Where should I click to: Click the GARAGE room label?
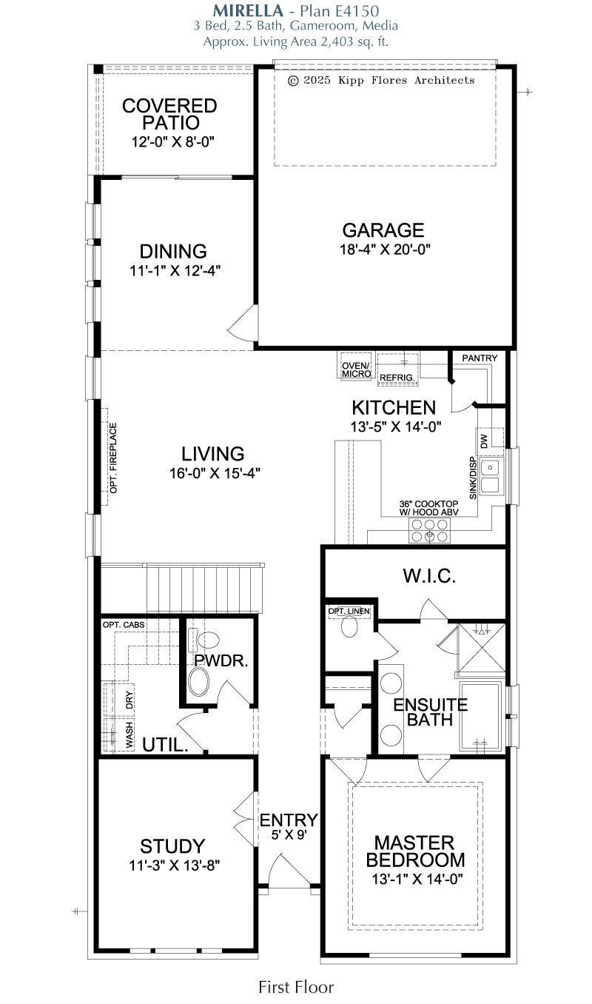pyautogui.click(x=383, y=230)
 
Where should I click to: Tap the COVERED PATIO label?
pyautogui.click(x=169, y=114)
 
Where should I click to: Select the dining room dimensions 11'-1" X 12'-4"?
pyautogui.click(x=175, y=271)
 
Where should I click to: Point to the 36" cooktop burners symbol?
pyautogui.click(x=429, y=530)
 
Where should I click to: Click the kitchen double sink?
pyautogui.click(x=491, y=476)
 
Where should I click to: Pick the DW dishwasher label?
pyautogui.click(x=484, y=441)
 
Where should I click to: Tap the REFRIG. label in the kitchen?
pyautogui.click(x=397, y=378)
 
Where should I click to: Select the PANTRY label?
pyautogui.click(x=480, y=358)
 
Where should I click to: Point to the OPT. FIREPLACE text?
pyautogui.click(x=113, y=458)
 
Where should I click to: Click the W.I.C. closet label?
pyautogui.click(x=429, y=576)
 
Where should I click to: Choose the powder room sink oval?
pyautogui.click(x=199, y=682)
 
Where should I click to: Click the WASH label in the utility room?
pyautogui.click(x=129, y=734)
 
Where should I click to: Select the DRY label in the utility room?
pyautogui.click(x=129, y=700)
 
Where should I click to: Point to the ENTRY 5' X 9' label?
pyautogui.click(x=289, y=826)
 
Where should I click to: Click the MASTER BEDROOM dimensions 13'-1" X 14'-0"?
pyautogui.click(x=417, y=879)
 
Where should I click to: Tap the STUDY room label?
pyautogui.click(x=172, y=846)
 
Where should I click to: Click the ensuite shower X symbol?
pyautogui.click(x=482, y=648)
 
